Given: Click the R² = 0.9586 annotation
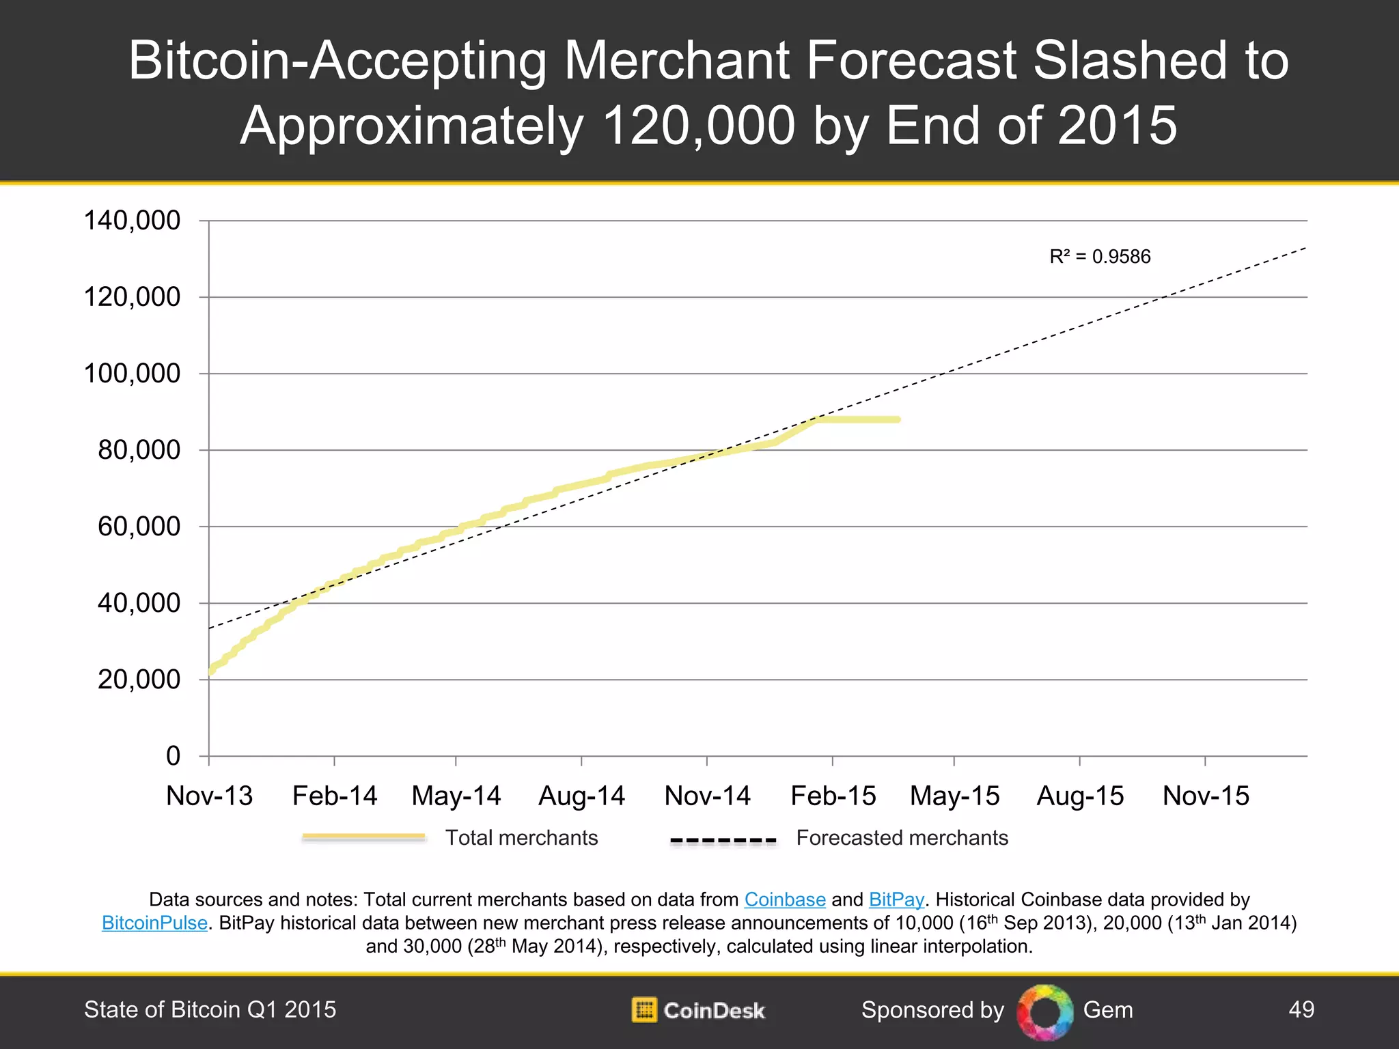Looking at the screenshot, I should (1100, 257).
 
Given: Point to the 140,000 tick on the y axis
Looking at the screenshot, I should (132, 221).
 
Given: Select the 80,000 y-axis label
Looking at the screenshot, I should (139, 450).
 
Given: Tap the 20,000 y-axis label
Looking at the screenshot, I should (139, 680).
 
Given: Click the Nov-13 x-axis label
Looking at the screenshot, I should (209, 796).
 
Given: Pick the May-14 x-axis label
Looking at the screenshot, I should (456, 796).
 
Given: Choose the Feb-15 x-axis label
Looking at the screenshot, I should (833, 796).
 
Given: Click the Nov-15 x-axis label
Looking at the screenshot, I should (1206, 796).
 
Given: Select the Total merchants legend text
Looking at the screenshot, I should (521, 838).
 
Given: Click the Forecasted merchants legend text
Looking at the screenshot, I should (902, 838).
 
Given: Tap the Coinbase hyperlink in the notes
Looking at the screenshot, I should (785, 899).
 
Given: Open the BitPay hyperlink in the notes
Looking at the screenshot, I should (896, 899).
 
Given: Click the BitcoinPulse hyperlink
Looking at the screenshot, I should (154, 923).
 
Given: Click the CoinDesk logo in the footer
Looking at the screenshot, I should (698, 1010).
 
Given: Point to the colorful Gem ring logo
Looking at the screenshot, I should (1044, 1011).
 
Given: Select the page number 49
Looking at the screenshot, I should (1301, 1009).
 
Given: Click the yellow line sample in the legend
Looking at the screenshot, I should (363, 837).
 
